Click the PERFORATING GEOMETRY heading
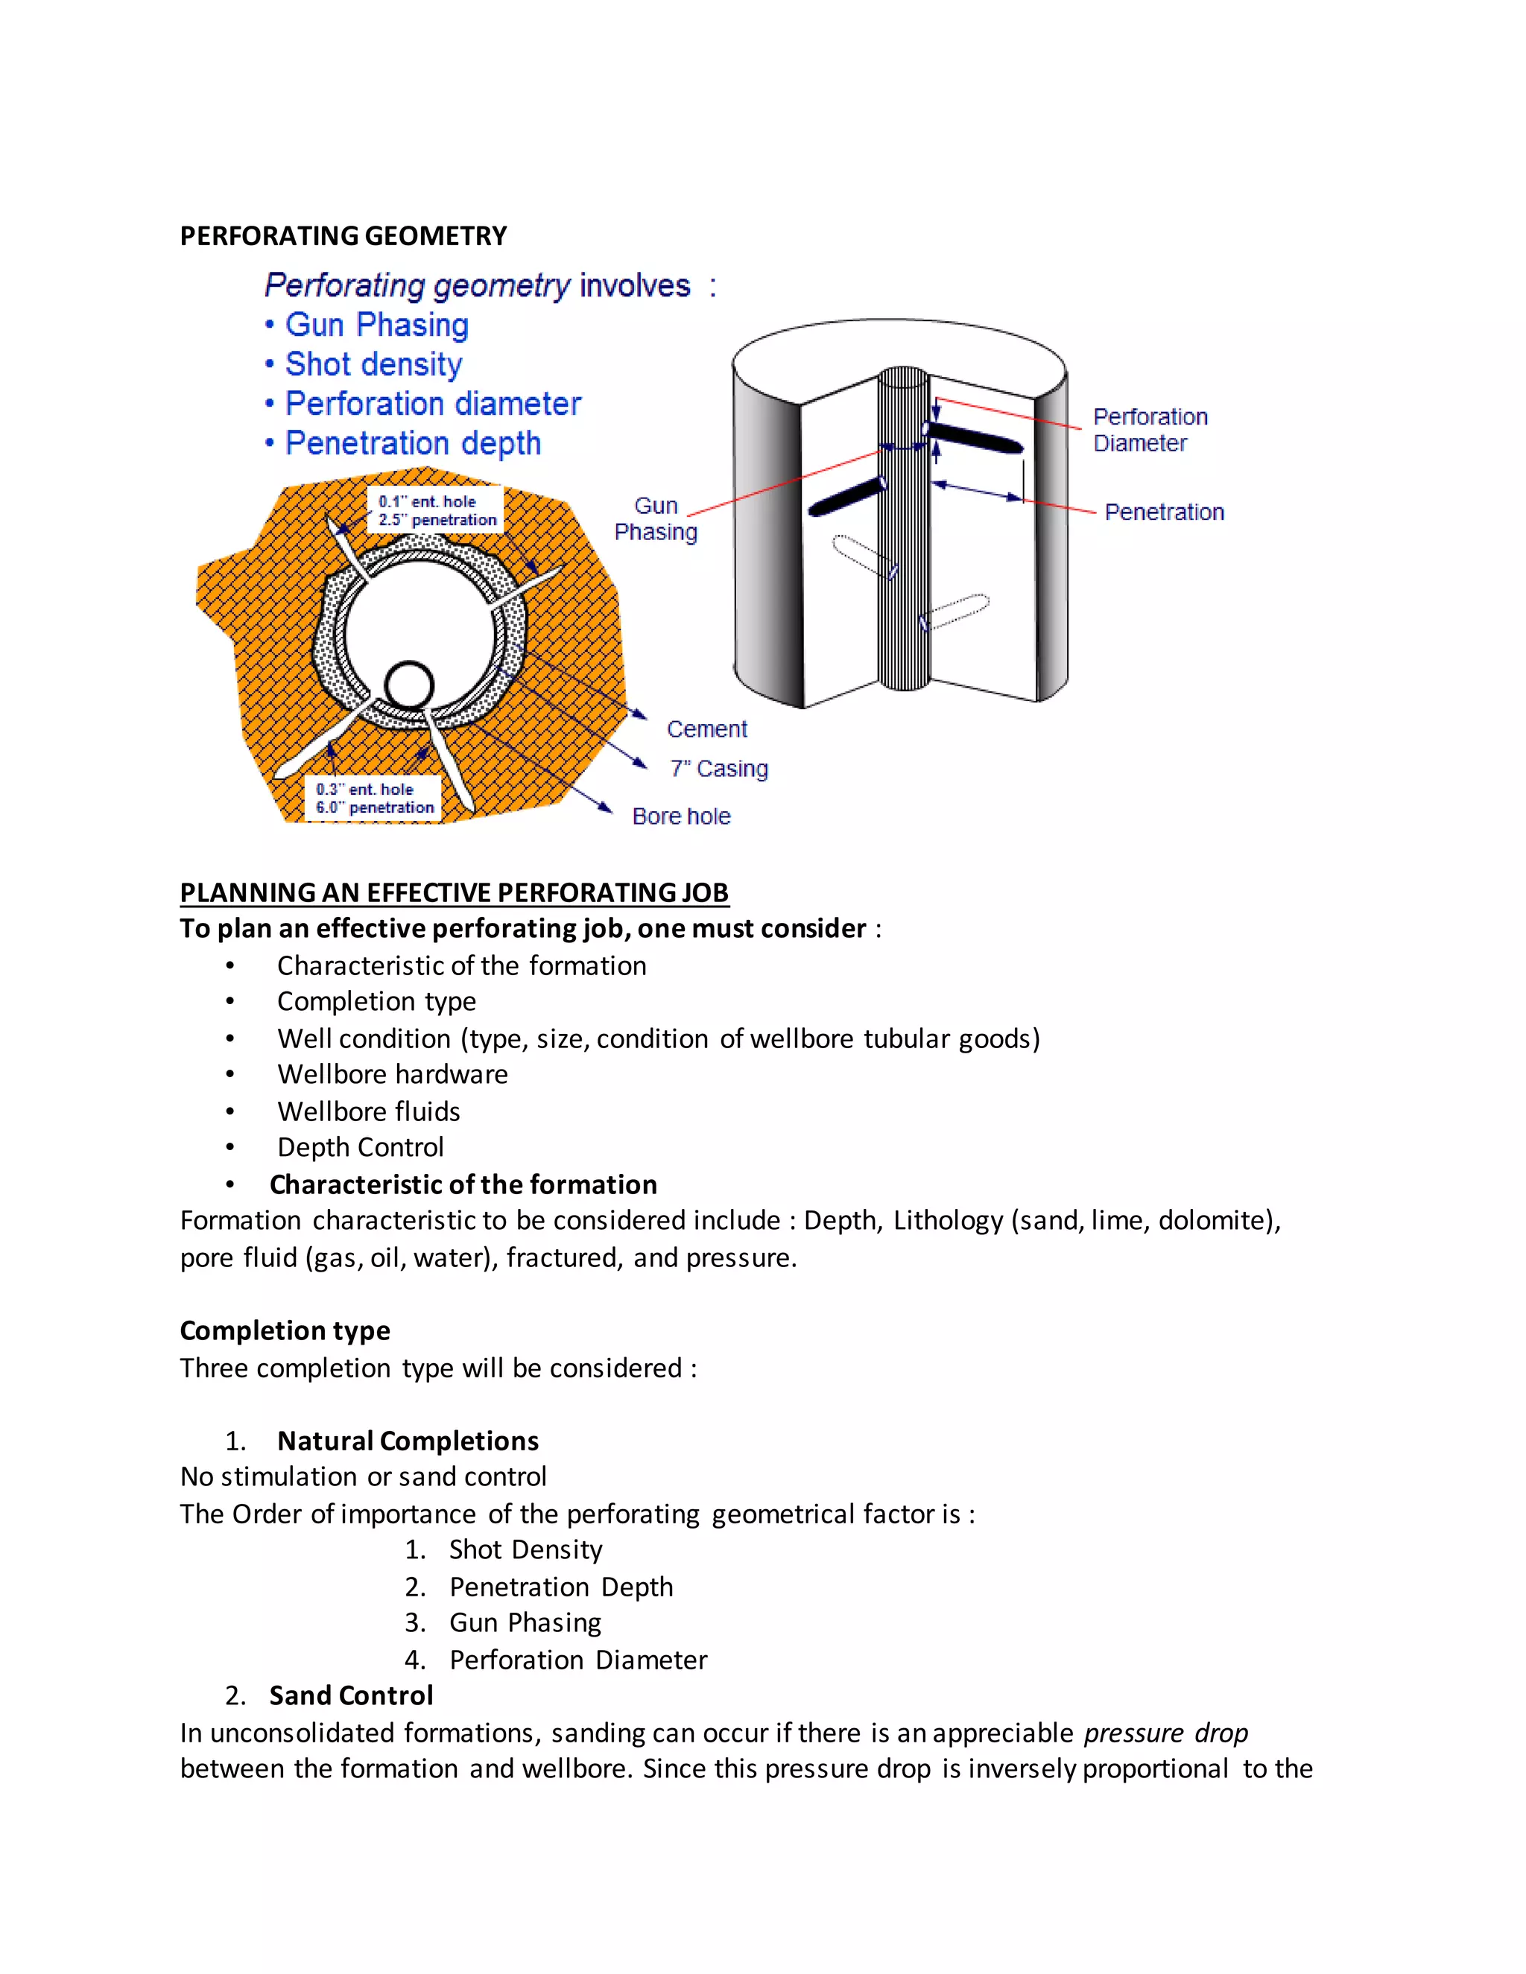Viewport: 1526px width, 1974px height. click(343, 236)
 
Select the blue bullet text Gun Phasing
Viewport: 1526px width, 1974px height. click(376, 325)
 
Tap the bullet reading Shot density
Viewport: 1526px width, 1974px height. click(373, 364)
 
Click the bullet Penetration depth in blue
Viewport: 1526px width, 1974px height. click(412, 443)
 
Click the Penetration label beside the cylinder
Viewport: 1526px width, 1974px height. click(1163, 512)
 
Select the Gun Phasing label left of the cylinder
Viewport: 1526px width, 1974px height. click(656, 518)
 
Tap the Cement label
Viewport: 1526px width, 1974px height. click(706, 729)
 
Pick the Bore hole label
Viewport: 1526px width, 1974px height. click(681, 816)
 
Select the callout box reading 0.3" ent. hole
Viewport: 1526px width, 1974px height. click(373, 798)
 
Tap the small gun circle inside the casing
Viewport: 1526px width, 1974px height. click(410, 685)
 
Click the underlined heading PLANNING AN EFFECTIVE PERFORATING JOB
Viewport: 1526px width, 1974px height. click(454, 892)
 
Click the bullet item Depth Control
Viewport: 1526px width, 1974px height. click(360, 1147)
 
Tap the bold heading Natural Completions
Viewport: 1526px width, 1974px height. click(407, 1441)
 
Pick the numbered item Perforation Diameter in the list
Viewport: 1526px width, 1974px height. click(577, 1660)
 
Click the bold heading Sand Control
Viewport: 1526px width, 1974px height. click(351, 1695)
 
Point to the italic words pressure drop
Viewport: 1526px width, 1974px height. click(1165, 1733)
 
